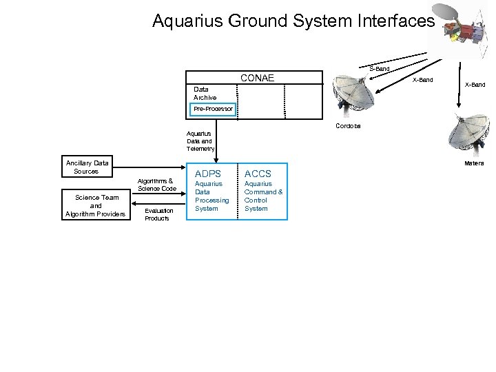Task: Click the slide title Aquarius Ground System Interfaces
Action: (x=293, y=22)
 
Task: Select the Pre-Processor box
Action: (x=214, y=109)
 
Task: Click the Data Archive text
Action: (x=205, y=94)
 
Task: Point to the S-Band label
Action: (x=379, y=69)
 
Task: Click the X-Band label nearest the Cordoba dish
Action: (x=422, y=81)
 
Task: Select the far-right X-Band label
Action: (x=475, y=84)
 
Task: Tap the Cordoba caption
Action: (x=348, y=127)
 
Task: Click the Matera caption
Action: (x=474, y=163)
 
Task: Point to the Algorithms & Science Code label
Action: (x=158, y=184)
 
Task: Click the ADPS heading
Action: (x=208, y=173)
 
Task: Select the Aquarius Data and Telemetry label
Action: (x=200, y=141)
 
